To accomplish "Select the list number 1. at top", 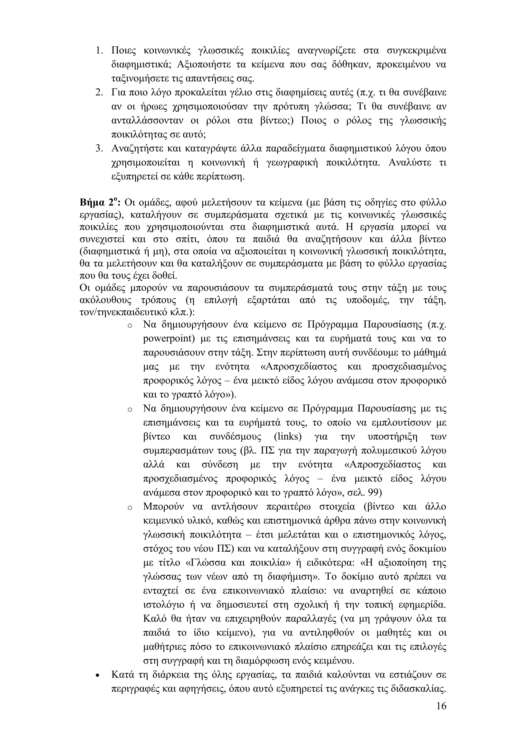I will click(x=99, y=51).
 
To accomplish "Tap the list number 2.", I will click(x=99, y=93).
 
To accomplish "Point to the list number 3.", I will click(x=99, y=149).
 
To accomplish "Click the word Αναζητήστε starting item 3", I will click(x=138, y=149).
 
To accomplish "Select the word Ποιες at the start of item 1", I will click(x=123, y=51).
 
